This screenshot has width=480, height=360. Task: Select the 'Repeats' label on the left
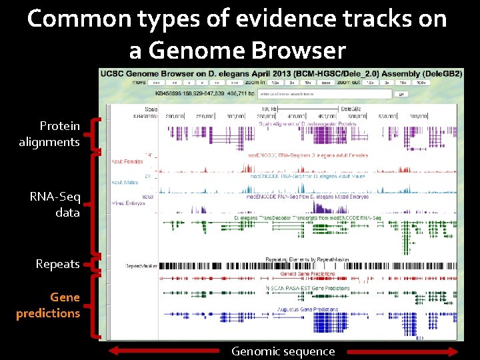tap(57, 264)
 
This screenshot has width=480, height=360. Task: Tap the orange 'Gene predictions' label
tap(48, 305)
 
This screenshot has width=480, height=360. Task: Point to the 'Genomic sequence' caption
tap(283, 351)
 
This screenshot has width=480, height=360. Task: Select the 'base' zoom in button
tap(325, 83)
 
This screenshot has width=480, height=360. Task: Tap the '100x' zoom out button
tap(420, 83)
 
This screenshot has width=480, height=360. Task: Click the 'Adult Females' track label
tap(127, 161)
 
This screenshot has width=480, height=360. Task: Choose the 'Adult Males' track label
tap(125, 182)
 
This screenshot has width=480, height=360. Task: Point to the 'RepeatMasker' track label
tap(141, 265)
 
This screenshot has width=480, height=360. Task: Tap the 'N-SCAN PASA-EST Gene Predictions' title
tap(308, 289)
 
